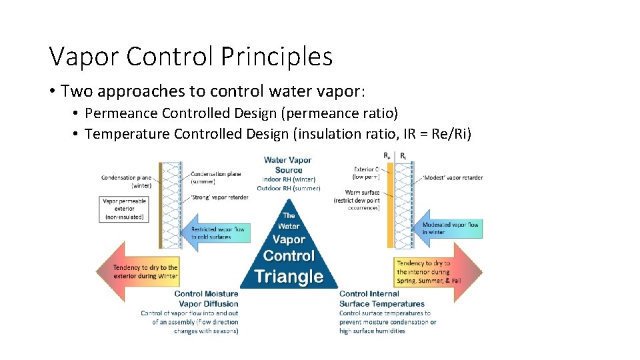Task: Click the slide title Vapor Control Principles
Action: [x=191, y=57]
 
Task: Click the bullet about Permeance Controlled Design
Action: [x=241, y=113]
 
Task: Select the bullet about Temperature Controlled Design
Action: [x=278, y=134]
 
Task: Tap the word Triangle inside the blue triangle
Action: [x=289, y=276]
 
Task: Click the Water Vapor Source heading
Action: [x=288, y=165]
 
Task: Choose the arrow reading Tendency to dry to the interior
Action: [x=437, y=272]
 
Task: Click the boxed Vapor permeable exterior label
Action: [x=125, y=209]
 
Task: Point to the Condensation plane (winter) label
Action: [x=126, y=182]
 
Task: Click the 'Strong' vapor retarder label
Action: [x=219, y=197]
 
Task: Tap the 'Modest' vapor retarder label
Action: [x=452, y=178]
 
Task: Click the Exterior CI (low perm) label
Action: [x=367, y=173]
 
